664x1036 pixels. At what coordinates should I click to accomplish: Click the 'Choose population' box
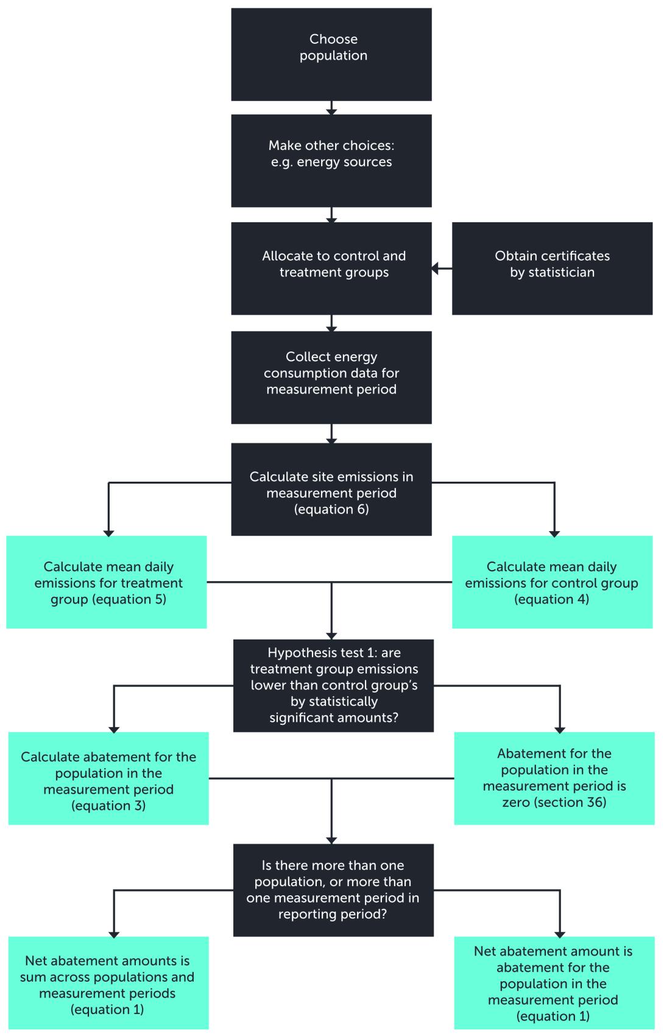pyautogui.click(x=331, y=54)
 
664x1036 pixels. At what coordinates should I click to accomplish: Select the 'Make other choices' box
pyautogui.click(x=331, y=161)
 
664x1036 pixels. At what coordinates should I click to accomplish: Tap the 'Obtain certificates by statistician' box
pyautogui.click(x=552, y=268)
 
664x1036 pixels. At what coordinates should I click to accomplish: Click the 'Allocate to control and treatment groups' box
pyautogui.click(x=331, y=268)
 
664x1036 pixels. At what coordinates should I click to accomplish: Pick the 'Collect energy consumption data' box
pyautogui.click(x=331, y=377)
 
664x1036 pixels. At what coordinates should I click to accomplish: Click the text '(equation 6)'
pyautogui.click(x=331, y=510)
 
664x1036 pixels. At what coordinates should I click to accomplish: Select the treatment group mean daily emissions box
pyautogui.click(x=107, y=582)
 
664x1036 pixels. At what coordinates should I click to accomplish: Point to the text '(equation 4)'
pyautogui.click(x=552, y=599)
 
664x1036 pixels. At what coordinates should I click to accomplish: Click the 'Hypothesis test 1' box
pyautogui.click(x=333, y=685)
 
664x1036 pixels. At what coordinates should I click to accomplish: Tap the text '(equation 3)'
pyautogui.click(x=108, y=806)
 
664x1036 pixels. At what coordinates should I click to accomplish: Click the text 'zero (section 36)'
pyautogui.click(x=554, y=802)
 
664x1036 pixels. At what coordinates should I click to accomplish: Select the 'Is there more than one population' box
pyautogui.click(x=333, y=889)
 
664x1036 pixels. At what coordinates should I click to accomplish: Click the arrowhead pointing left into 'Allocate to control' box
pyautogui.click(x=435, y=269)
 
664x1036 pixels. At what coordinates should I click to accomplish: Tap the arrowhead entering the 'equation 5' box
pyautogui.click(x=108, y=533)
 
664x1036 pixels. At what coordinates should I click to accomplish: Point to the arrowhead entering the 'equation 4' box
pyautogui.click(x=554, y=533)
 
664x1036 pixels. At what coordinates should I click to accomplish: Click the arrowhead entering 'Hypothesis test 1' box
pyautogui.click(x=331, y=636)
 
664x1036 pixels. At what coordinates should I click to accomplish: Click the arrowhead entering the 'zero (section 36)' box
pyautogui.click(x=560, y=730)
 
